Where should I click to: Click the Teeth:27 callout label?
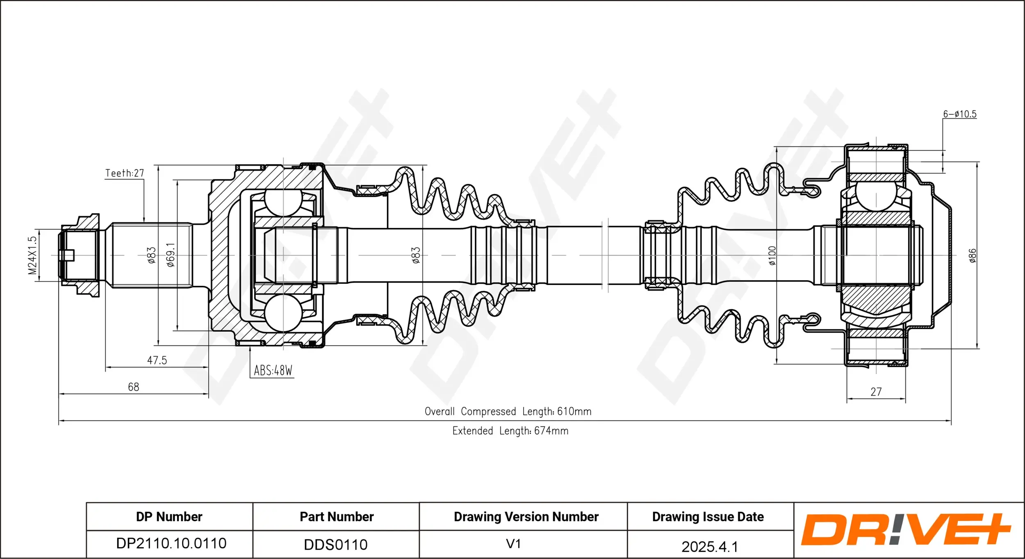[x=125, y=173]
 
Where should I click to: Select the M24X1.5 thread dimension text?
[x=32, y=255]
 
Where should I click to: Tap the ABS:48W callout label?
[x=273, y=371]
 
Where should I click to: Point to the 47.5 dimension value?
[x=157, y=360]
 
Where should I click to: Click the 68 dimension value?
[x=133, y=387]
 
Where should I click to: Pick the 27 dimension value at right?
[x=876, y=392]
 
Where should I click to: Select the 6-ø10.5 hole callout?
[x=959, y=114]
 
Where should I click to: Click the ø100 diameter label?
[x=772, y=256]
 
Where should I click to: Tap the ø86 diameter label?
[x=972, y=256]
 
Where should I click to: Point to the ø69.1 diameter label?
[x=171, y=255]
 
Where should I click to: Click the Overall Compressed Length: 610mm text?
[x=508, y=411]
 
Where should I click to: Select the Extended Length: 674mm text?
[x=510, y=431]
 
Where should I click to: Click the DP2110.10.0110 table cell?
[x=171, y=543]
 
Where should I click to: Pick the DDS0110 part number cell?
[x=335, y=545]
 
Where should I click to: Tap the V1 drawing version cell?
[x=513, y=544]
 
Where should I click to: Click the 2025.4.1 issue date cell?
[x=709, y=546]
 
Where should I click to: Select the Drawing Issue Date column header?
[x=708, y=517]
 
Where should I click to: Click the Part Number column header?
[x=336, y=517]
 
